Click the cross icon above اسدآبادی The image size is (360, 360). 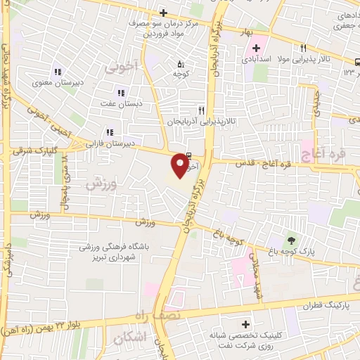tap(257, 47)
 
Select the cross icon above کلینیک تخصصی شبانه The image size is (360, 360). tap(245, 325)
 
